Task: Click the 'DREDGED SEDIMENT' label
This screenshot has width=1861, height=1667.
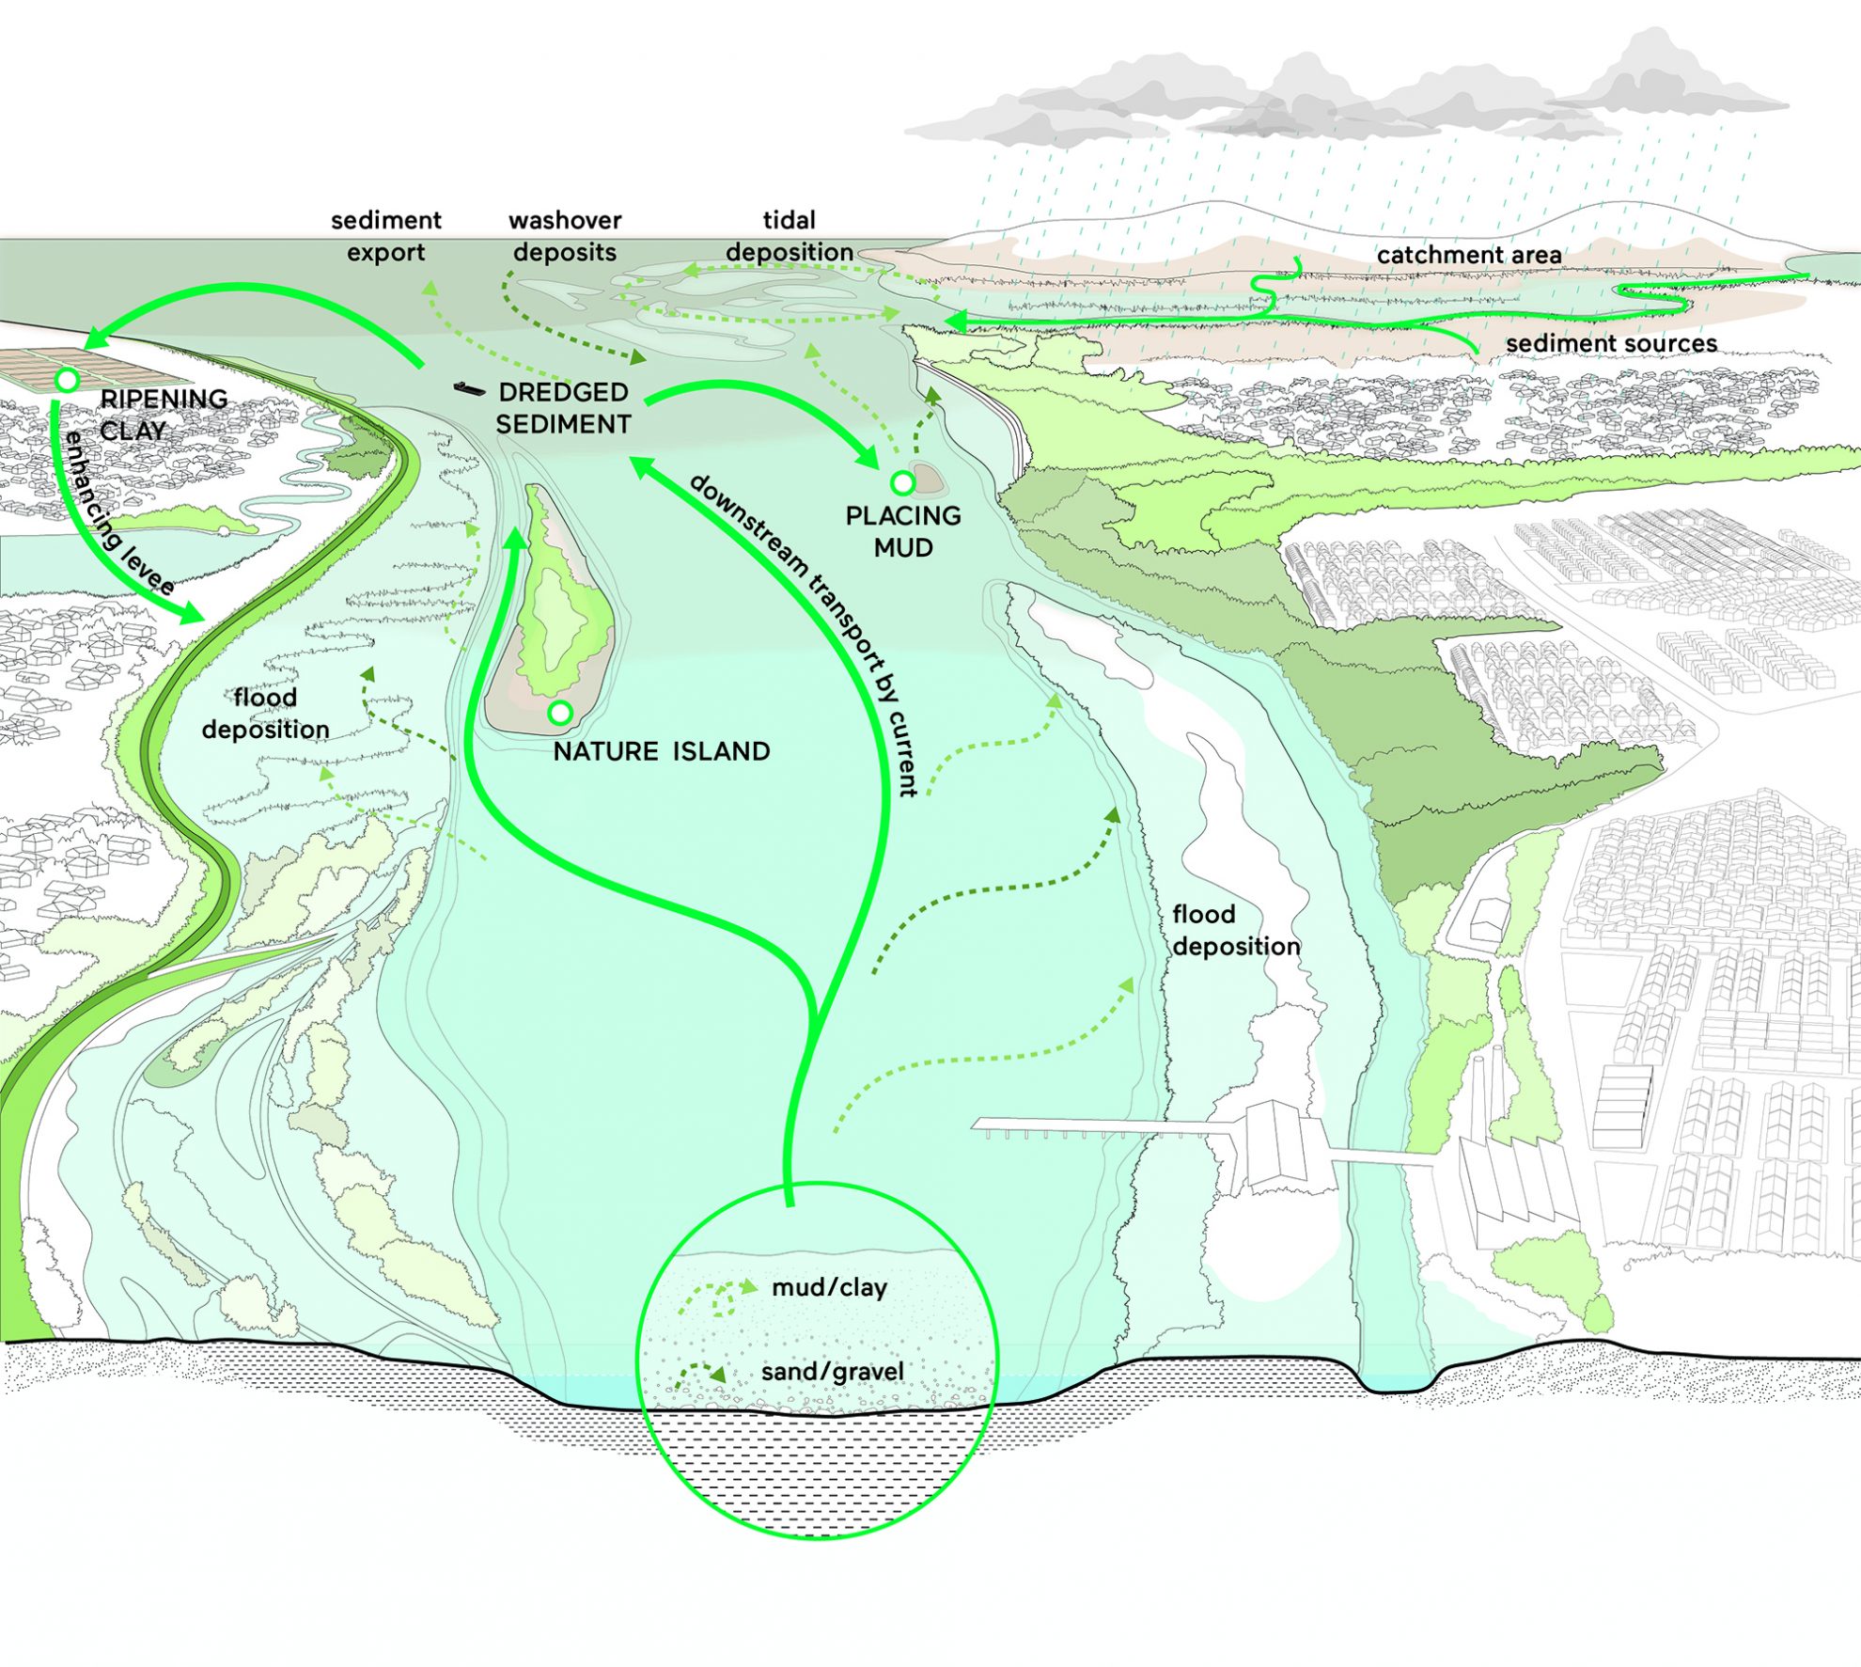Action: pyautogui.click(x=563, y=408)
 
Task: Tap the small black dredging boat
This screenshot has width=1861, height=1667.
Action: pyautogui.click(x=469, y=388)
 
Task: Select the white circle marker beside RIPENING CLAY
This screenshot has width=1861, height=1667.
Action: pyautogui.click(x=67, y=380)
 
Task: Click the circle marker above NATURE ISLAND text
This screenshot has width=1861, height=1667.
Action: pyautogui.click(x=560, y=713)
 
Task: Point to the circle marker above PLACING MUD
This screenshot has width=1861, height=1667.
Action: pyautogui.click(x=902, y=483)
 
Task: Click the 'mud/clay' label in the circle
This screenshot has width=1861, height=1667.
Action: pyautogui.click(x=829, y=1287)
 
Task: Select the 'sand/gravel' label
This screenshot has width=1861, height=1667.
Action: pyautogui.click(x=832, y=1372)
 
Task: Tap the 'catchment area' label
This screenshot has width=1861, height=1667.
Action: pyautogui.click(x=1469, y=254)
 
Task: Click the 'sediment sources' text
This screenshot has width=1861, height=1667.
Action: pyautogui.click(x=1611, y=343)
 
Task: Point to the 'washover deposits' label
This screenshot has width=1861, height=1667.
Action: pyautogui.click(x=565, y=236)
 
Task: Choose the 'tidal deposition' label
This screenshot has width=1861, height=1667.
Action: pyautogui.click(x=790, y=236)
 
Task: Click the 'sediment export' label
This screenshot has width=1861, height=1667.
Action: pyautogui.click(x=385, y=236)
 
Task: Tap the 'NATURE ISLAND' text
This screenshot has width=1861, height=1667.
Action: pyautogui.click(x=662, y=751)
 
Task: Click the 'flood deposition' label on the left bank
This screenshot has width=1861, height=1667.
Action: pyautogui.click(x=265, y=713)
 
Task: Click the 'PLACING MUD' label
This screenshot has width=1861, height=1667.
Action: pyautogui.click(x=903, y=531)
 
